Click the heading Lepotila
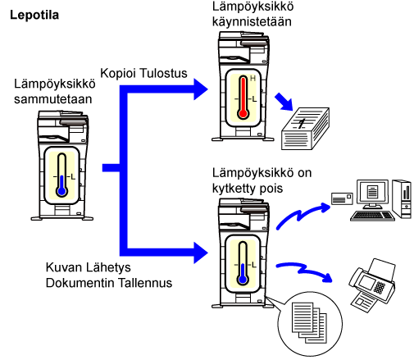click(34, 15)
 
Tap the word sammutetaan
click(53, 99)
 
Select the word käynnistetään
click(252, 21)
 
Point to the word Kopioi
click(119, 73)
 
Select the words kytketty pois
click(248, 189)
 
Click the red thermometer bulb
click(243, 113)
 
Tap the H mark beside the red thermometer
click(253, 79)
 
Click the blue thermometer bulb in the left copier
click(62, 191)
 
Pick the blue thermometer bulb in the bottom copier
click(243, 280)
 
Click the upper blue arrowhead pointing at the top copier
click(201, 89)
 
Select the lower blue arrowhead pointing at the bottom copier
click(201, 253)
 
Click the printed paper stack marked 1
click(305, 129)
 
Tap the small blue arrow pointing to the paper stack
click(284, 102)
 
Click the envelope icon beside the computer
click(342, 198)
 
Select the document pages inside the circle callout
click(309, 322)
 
